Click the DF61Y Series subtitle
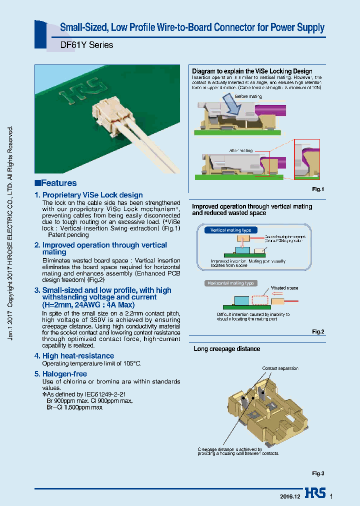pyautogui.click(x=86, y=45)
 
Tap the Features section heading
pyautogui.click(x=55, y=183)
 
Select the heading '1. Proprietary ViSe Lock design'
pyautogui.click(x=88, y=195)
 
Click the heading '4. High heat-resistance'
pyautogui.click(x=74, y=355)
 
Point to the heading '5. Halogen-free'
pyautogui.click(x=60, y=374)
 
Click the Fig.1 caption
pyautogui.click(x=318, y=189)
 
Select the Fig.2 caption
pyautogui.click(x=318, y=331)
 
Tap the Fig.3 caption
pyautogui.click(x=318, y=473)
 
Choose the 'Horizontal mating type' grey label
pyautogui.click(x=230, y=283)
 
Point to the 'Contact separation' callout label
pyautogui.click(x=280, y=368)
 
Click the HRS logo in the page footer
pyautogui.click(x=314, y=493)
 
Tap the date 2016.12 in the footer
pyautogui.click(x=289, y=496)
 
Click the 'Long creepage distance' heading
pyautogui.click(x=226, y=348)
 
